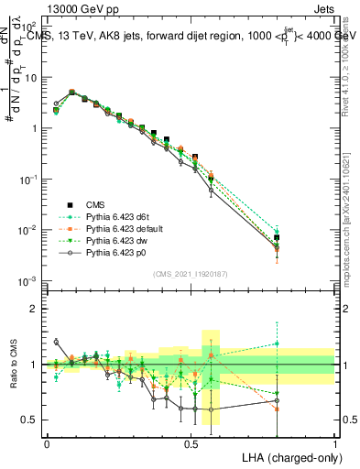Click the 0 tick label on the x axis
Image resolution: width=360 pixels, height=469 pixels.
pos(47,442)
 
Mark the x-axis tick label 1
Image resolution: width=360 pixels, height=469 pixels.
pos(334,442)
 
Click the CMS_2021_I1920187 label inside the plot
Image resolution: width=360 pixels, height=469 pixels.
pos(190,273)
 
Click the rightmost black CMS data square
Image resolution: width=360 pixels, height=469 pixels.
pos(277,237)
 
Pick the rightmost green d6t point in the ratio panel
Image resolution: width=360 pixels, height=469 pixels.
pos(277,344)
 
